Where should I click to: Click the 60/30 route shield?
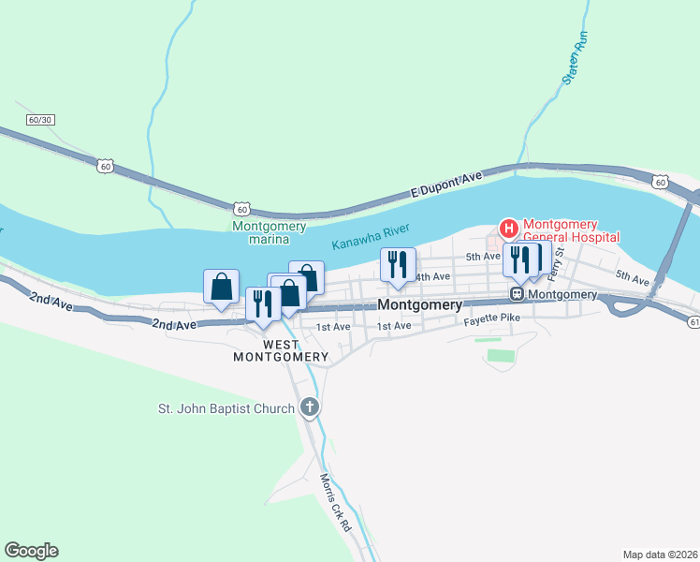(x=40, y=120)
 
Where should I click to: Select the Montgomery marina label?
(x=270, y=232)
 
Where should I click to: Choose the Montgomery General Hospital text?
(x=571, y=230)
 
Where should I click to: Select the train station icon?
(x=516, y=294)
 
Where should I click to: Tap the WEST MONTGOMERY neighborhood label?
(x=281, y=350)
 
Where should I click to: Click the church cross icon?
(x=310, y=407)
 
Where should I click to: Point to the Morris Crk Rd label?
(x=334, y=504)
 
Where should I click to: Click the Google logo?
(x=31, y=551)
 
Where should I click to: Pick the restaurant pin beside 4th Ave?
(x=398, y=266)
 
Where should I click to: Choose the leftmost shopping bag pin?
(x=221, y=288)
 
